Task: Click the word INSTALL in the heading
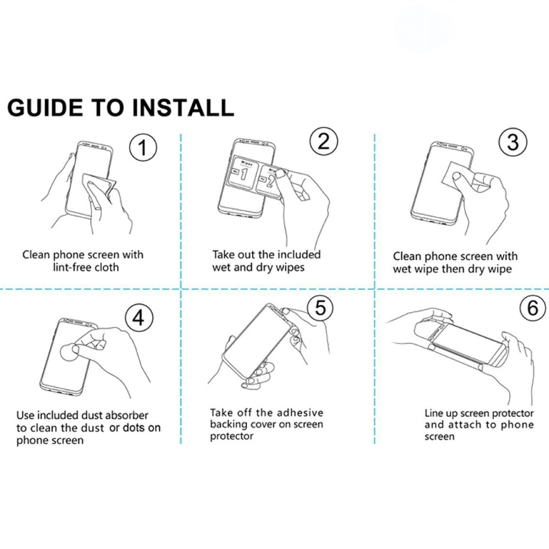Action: click(183, 108)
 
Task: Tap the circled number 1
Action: click(143, 147)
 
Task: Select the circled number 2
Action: click(324, 141)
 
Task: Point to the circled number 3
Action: click(513, 142)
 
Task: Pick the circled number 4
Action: click(139, 318)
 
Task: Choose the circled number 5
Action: click(321, 308)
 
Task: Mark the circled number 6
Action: click(533, 308)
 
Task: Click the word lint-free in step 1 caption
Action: click(72, 267)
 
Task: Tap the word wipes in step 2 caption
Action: click(290, 268)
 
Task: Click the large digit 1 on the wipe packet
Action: click(244, 174)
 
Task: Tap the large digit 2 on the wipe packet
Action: click(270, 181)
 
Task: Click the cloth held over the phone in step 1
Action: click(99, 184)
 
